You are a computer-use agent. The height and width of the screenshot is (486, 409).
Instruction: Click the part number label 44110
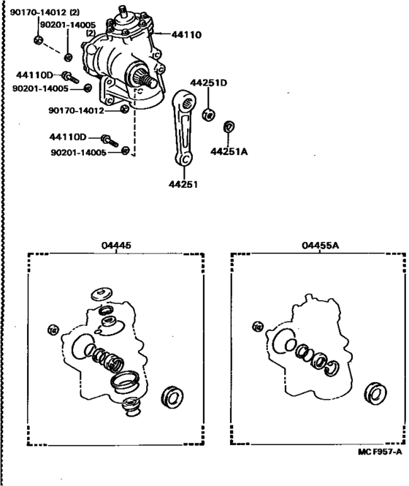tap(187, 34)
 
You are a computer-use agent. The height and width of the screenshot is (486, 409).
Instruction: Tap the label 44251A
tap(229, 151)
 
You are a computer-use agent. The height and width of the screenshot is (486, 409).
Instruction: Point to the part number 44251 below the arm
tap(184, 185)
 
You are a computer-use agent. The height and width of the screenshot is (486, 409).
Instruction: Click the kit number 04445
tap(118, 246)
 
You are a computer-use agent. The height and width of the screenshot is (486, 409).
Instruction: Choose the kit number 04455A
tap(319, 246)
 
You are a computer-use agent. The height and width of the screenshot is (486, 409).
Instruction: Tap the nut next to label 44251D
tap(207, 115)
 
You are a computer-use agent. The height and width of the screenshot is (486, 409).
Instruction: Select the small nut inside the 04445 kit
tap(52, 327)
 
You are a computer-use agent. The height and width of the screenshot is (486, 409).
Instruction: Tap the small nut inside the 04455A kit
tap(256, 327)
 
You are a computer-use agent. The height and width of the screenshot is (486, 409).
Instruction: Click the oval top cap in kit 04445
tap(100, 295)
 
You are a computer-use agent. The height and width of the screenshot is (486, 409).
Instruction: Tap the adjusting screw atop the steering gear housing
tap(123, 10)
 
